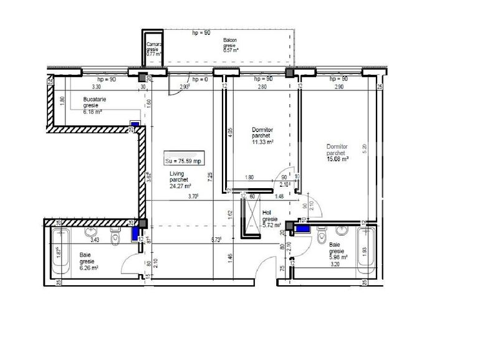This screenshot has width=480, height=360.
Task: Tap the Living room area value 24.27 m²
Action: [x=180, y=186]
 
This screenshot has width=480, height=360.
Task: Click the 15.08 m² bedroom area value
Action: [x=337, y=159]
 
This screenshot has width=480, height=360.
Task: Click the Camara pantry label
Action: [x=155, y=45]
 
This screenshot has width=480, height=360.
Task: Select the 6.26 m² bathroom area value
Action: [x=89, y=268]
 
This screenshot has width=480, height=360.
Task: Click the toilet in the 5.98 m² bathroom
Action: [x=323, y=239]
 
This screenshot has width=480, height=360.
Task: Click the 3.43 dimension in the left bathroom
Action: [x=95, y=239]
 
